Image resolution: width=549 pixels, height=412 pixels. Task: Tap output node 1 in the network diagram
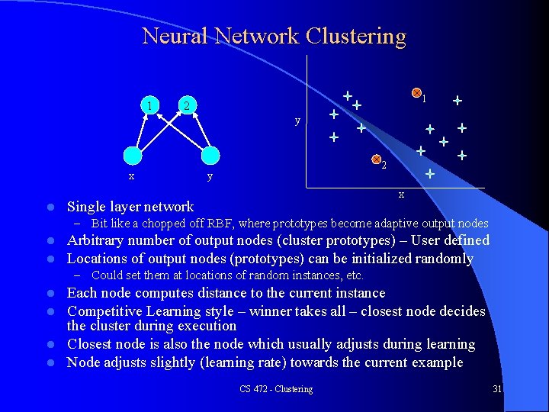(x=153, y=105)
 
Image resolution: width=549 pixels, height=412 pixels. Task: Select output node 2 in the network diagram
(x=188, y=105)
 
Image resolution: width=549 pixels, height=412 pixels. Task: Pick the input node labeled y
(x=210, y=155)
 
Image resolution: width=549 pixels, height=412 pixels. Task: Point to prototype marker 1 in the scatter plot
(x=416, y=93)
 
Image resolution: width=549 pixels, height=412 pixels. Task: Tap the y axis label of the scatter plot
(x=297, y=121)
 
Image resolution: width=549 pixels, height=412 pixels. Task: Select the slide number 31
(x=497, y=389)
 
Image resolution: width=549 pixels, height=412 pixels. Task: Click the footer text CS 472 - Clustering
(x=275, y=389)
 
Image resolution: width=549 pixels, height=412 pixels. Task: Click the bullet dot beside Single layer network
(x=50, y=207)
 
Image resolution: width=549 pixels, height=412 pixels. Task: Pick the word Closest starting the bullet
(x=91, y=344)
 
